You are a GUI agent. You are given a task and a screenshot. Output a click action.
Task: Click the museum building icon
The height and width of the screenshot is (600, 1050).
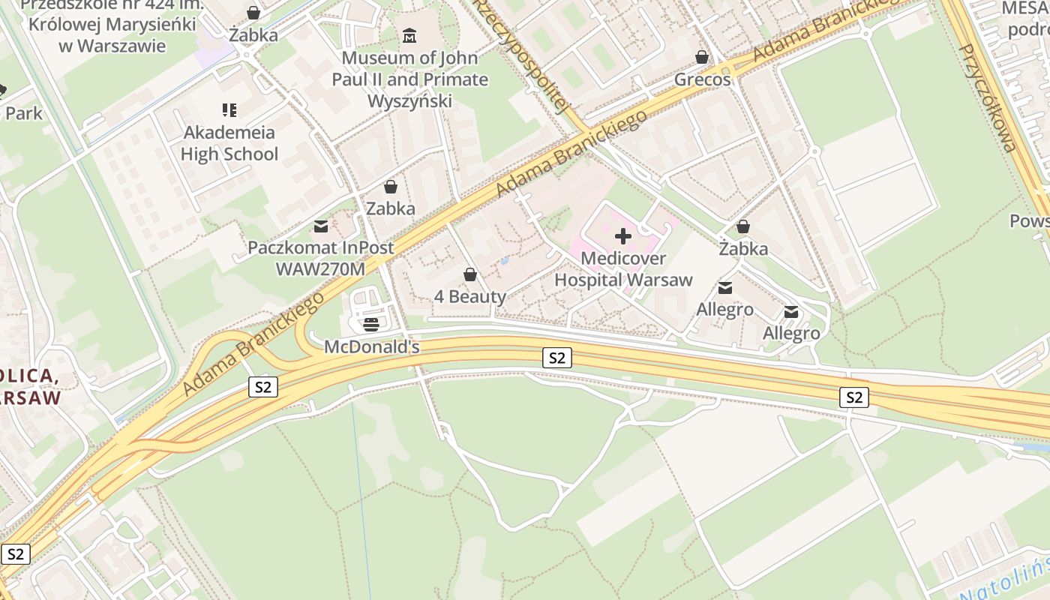click(409, 35)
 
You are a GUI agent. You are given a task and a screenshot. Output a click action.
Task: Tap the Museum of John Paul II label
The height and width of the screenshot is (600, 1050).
click(409, 79)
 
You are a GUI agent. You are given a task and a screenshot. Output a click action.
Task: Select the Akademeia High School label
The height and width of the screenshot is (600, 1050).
click(229, 143)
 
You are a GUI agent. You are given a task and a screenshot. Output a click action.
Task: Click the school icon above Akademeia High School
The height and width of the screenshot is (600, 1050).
click(229, 111)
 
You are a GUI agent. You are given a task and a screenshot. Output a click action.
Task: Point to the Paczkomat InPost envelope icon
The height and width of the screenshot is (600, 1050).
click(321, 226)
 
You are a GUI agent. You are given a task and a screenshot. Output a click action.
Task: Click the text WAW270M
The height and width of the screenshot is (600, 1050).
click(321, 268)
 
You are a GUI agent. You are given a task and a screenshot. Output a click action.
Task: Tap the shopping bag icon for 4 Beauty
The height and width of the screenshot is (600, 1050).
click(470, 274)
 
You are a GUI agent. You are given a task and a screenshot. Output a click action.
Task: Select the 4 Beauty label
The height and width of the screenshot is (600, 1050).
click(470, 296)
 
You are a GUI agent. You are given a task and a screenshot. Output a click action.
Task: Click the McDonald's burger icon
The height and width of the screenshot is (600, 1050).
click(370, 325)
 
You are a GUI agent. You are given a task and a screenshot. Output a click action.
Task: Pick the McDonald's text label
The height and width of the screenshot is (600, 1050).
click(371, 347)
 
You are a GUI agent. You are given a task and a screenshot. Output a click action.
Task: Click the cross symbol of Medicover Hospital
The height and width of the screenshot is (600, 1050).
click(622, 237)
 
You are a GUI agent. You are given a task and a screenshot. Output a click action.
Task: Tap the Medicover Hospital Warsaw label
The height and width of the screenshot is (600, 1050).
click(623, 270)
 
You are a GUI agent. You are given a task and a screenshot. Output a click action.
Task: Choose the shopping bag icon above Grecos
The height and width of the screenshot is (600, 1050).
click(702, 57)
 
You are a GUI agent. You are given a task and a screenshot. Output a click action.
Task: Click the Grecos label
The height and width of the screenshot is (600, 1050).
click(702, 79)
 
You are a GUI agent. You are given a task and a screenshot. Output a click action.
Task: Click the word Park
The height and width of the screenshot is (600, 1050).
click(23, 113)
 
